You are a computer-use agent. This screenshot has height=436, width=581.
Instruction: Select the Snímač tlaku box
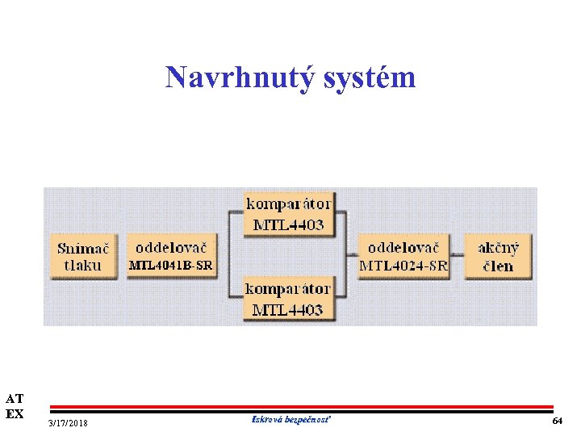84,257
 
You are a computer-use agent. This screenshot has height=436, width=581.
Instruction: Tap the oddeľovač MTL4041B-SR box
171,256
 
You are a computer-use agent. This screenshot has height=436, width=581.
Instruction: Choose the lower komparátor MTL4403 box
288,299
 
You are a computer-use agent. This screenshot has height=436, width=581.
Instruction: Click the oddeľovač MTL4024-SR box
403,256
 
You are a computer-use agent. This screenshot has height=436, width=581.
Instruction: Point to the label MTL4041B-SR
171,265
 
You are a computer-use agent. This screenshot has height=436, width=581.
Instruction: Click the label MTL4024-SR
403,266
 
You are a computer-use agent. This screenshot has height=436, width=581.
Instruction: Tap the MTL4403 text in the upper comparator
288,224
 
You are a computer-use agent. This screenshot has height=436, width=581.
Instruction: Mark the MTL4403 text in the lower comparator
288,309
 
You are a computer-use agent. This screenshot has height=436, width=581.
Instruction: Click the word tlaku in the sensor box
83,266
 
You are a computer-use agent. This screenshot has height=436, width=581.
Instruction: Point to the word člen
498,266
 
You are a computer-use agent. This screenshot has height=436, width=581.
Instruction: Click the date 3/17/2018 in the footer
69,423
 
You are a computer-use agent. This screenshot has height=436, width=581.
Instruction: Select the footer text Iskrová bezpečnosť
290,419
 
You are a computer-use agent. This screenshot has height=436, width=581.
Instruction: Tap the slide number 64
557,421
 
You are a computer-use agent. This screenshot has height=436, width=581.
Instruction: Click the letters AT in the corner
15,398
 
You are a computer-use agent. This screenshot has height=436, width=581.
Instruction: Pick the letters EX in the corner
15,413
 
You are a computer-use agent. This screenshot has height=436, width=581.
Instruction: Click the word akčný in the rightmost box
499,247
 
